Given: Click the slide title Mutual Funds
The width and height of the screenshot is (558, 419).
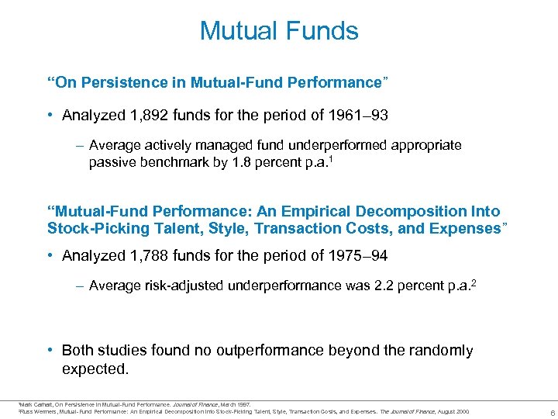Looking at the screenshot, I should [279, 31].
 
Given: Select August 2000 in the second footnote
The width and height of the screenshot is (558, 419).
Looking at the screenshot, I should [454, 410].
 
